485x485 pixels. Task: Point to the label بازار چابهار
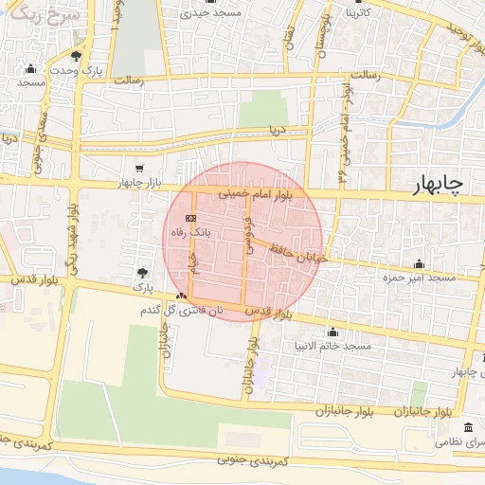coord(141,182)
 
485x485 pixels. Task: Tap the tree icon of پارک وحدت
coord(76,57)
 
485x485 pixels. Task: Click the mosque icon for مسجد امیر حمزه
coord(419,263)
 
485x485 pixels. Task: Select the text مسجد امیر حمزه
coord(416,278)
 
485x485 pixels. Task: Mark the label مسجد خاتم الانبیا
coord(334,346)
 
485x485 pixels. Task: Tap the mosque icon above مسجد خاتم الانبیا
coord(332,332)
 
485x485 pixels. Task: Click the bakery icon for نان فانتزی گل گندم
coord(181,296)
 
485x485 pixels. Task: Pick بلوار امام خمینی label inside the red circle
coord(256,192)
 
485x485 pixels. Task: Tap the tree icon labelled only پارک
coord(142,273)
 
